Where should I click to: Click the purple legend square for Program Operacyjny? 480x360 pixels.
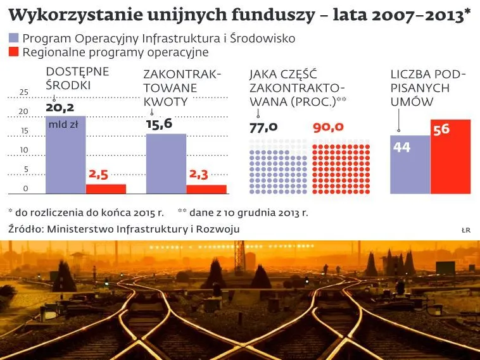(x=13, y=39)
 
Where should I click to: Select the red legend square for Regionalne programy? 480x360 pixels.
(x=13, y=53)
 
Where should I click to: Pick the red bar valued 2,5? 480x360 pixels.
(x=106, y=189)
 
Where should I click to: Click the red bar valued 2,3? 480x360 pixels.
(x=206, y=189)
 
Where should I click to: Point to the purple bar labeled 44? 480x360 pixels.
(x=410, y=164)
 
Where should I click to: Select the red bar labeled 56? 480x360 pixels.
(x=451, y=157)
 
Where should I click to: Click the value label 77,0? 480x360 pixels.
(x=264, y=127)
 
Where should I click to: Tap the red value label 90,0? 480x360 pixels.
(x=328, y=127)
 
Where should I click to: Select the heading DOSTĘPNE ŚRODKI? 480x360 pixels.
(x=68, y=78)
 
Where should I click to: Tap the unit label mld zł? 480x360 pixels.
(x=63, y=125)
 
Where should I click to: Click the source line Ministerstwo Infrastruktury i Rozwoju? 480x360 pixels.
(x=124, y=229)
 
